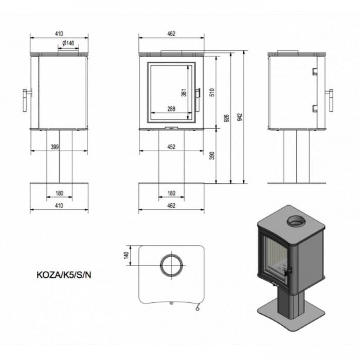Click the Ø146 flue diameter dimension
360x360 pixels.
(x=68, y=43)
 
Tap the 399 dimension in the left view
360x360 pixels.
(x=55, y=147)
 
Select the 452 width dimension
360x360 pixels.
(x=171, y=147)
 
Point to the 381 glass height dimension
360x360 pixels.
(x=184, y=92)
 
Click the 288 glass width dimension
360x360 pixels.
(x=171, y=109)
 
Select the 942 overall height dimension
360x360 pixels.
(x=240, y=117)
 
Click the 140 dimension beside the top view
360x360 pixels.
(x=126, y=255)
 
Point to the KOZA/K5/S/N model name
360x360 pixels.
(x=64, y=275)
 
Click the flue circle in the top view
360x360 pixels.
(x=171, y=255)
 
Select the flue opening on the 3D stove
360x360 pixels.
(x=296, y=221)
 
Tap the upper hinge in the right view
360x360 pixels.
(x=315, y=72)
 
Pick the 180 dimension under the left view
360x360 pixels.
(x=59, y=193)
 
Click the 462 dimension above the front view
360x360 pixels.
(x=171, y=34)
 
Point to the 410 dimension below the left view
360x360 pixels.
(x=59, y=206)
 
